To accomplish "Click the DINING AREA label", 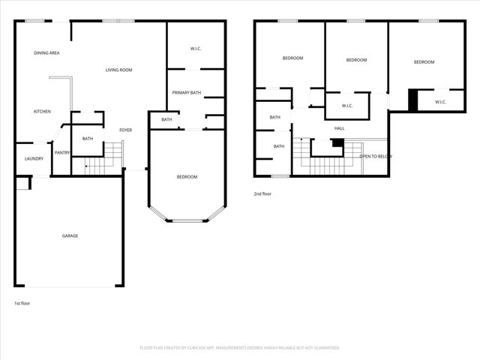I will click(x=46, y=53).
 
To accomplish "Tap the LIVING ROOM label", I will click(x=118, y=70).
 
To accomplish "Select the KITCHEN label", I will click(x=42, y=112).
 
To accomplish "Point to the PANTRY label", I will click(x=62, y=153).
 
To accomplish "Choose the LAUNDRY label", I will click(x=34, y=158).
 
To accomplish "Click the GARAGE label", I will click(x=70, y=235).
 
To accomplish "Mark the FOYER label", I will click(x=125, y=130).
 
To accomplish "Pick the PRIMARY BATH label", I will click(x=186, y=92).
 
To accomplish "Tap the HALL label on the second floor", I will click(x=339, y=128).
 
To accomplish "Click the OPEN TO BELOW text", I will click(x=376, y=156).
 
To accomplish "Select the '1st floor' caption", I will click(x=23, y=303).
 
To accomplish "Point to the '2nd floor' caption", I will click(x=263, y=193).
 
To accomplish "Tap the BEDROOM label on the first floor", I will click(x=187, y=177).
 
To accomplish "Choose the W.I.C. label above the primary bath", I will click(x=196, y=49).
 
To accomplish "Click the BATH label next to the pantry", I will click(x=88, y=138).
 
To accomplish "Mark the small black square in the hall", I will click(x=338, y=142).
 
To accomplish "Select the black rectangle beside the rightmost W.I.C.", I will click(x=412, y=100).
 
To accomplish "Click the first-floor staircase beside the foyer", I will click(x=103, y=160).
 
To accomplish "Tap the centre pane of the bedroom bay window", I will click(x=187, y=220).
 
